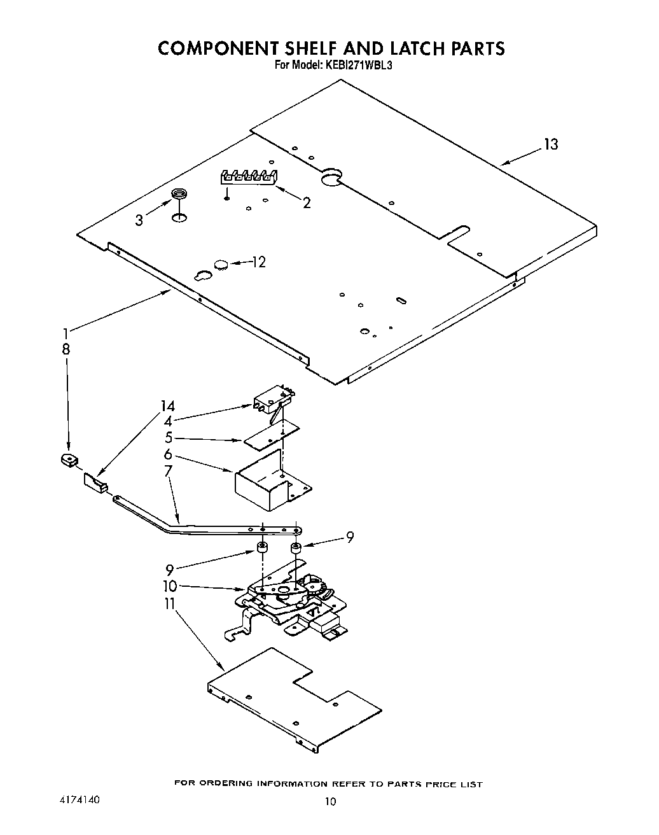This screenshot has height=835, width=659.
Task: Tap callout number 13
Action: (x=551, y=144)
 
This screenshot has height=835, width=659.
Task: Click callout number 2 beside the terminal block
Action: (x=307, y=203)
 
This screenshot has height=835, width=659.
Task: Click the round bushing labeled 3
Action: (x=180, y=193)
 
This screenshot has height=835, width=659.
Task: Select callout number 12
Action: (x=259, y=262)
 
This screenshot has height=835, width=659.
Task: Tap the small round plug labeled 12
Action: (x=221, y=263)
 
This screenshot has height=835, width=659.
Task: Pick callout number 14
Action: (x=167, y=406)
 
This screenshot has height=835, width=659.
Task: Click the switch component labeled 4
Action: (x=275, y=400)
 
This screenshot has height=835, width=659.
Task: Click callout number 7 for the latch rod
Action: (x=168, y=471)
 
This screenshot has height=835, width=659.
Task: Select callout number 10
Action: (x=170, y=586)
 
